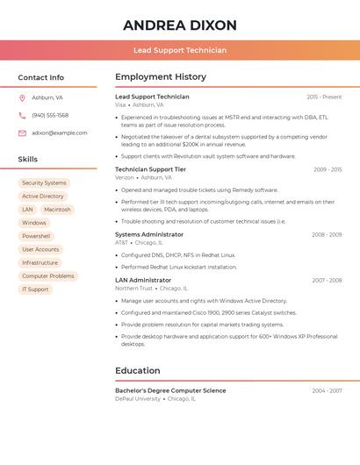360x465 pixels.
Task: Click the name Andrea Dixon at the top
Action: point(180,25)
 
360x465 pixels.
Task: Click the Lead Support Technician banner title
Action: point(180,50)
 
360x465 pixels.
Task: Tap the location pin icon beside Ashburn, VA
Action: point(22,97)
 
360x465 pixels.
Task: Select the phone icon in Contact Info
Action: point(22,115)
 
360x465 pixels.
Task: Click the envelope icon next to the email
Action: point(22,133)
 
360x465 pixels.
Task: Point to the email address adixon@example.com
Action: point(60,133)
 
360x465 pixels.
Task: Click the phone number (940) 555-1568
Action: point(50,115)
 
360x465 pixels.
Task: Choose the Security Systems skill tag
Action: point(44,183)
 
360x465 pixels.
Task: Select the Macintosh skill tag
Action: point(57,210)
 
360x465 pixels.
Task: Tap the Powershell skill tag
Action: point(36,236)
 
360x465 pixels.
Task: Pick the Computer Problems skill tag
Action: point(48,275)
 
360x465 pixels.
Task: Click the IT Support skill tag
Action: point(35,289)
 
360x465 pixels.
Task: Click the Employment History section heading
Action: point(161,77)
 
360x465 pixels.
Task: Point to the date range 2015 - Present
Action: point(324,97)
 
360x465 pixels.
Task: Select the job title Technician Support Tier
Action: point(150,169)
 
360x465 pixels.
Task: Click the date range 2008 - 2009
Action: point(327,234)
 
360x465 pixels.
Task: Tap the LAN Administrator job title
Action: point(143,280)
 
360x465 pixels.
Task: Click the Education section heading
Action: point(138,370)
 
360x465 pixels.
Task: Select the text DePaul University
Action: point(138,398)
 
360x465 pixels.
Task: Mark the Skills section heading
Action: point(28,160)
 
